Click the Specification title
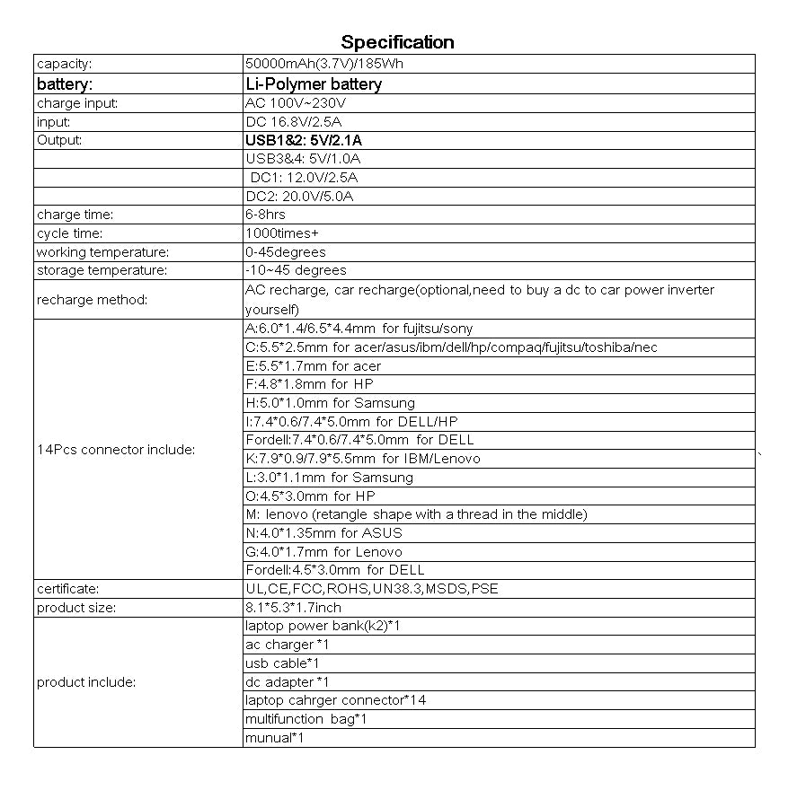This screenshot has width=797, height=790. pyautogui.click(x=397, y=42)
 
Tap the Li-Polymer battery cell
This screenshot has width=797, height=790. pyautogui.click(x=314, y=84)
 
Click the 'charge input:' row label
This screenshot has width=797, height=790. pyautogui.click(x=77, y=103)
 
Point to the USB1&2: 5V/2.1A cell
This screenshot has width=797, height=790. pyautogui.click(x=304, y=140)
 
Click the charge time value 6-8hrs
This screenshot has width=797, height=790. pyautogui.click(x=265, y=215)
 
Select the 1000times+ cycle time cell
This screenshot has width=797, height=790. pyautogui.click(x=281, y=233)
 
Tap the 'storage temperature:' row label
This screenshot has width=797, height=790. pyautogui.click(x=102, y=270)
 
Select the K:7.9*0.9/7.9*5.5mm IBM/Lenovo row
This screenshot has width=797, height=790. pyautogui.click(x=362, y=459)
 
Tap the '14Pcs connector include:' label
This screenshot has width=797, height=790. pyautogui.click(x=116, y=450)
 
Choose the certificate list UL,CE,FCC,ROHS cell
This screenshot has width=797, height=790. pyautogui.click(x=371, y=589)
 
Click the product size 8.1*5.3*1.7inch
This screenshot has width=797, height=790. pyautogui.click(x=293, y=608)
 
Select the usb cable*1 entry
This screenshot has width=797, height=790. pyautogui.click(x=282, y=663)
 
